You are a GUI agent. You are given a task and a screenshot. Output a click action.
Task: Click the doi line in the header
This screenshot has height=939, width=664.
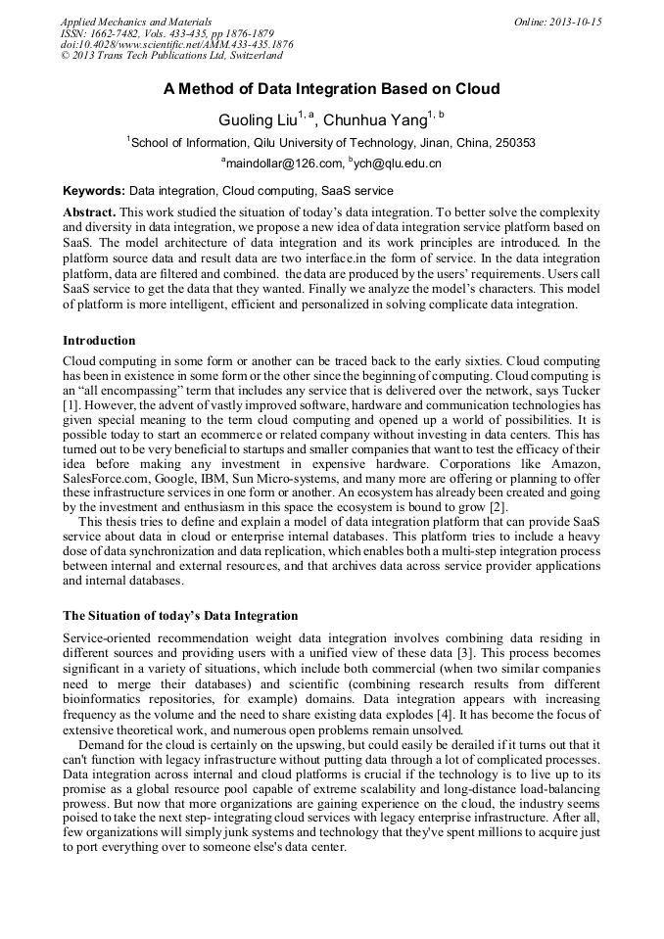click(176, 45)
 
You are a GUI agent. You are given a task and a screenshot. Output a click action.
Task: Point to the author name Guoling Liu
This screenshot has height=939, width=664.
click(258, 120)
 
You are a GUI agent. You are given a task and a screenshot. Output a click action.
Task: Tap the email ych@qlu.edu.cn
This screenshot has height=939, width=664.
click(398, 164)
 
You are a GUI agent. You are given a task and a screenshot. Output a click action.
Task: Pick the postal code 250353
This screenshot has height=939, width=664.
click(513, 143)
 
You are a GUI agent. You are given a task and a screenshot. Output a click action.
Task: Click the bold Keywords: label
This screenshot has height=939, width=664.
click(94, 191)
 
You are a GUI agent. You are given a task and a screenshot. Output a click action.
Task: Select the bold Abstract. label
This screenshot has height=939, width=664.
click(89, 212)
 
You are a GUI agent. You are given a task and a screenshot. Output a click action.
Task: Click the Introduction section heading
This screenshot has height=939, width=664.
click(99, 341)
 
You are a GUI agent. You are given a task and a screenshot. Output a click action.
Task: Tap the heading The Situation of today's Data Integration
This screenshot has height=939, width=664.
click(180, 616)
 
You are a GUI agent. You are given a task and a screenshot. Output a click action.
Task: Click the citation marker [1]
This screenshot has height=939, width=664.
click(70, 404)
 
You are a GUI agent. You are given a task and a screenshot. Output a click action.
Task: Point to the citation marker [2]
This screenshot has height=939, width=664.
click(498, 507)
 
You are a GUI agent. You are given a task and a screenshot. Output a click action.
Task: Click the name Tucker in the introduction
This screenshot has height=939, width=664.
click(580, 391)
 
